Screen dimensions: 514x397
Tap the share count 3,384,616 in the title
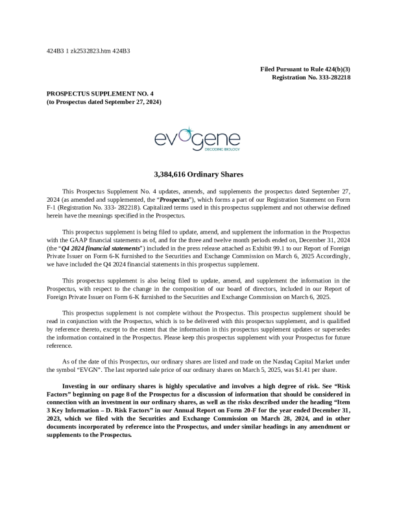click(173, 175)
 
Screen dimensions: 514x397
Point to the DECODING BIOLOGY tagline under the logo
click(221, 149)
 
